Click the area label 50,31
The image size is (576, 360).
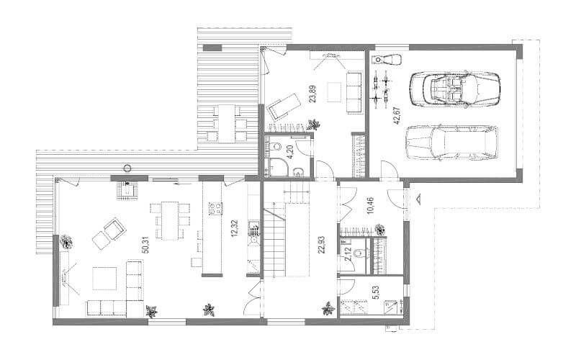145,245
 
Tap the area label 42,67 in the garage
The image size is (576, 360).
397,116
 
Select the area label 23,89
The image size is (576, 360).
312,94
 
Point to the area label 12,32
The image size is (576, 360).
235,228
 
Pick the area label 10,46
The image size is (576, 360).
370,205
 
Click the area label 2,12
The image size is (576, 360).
348,254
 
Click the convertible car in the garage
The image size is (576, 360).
455,89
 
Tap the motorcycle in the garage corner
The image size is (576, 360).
387,59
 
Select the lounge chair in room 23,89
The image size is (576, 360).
283,106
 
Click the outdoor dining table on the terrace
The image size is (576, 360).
226,123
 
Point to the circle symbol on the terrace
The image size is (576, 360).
127,168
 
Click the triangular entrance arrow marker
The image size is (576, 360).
418,199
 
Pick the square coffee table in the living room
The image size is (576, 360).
104,279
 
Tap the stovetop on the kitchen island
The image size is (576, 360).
216,208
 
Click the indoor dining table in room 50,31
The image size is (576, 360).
170,220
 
